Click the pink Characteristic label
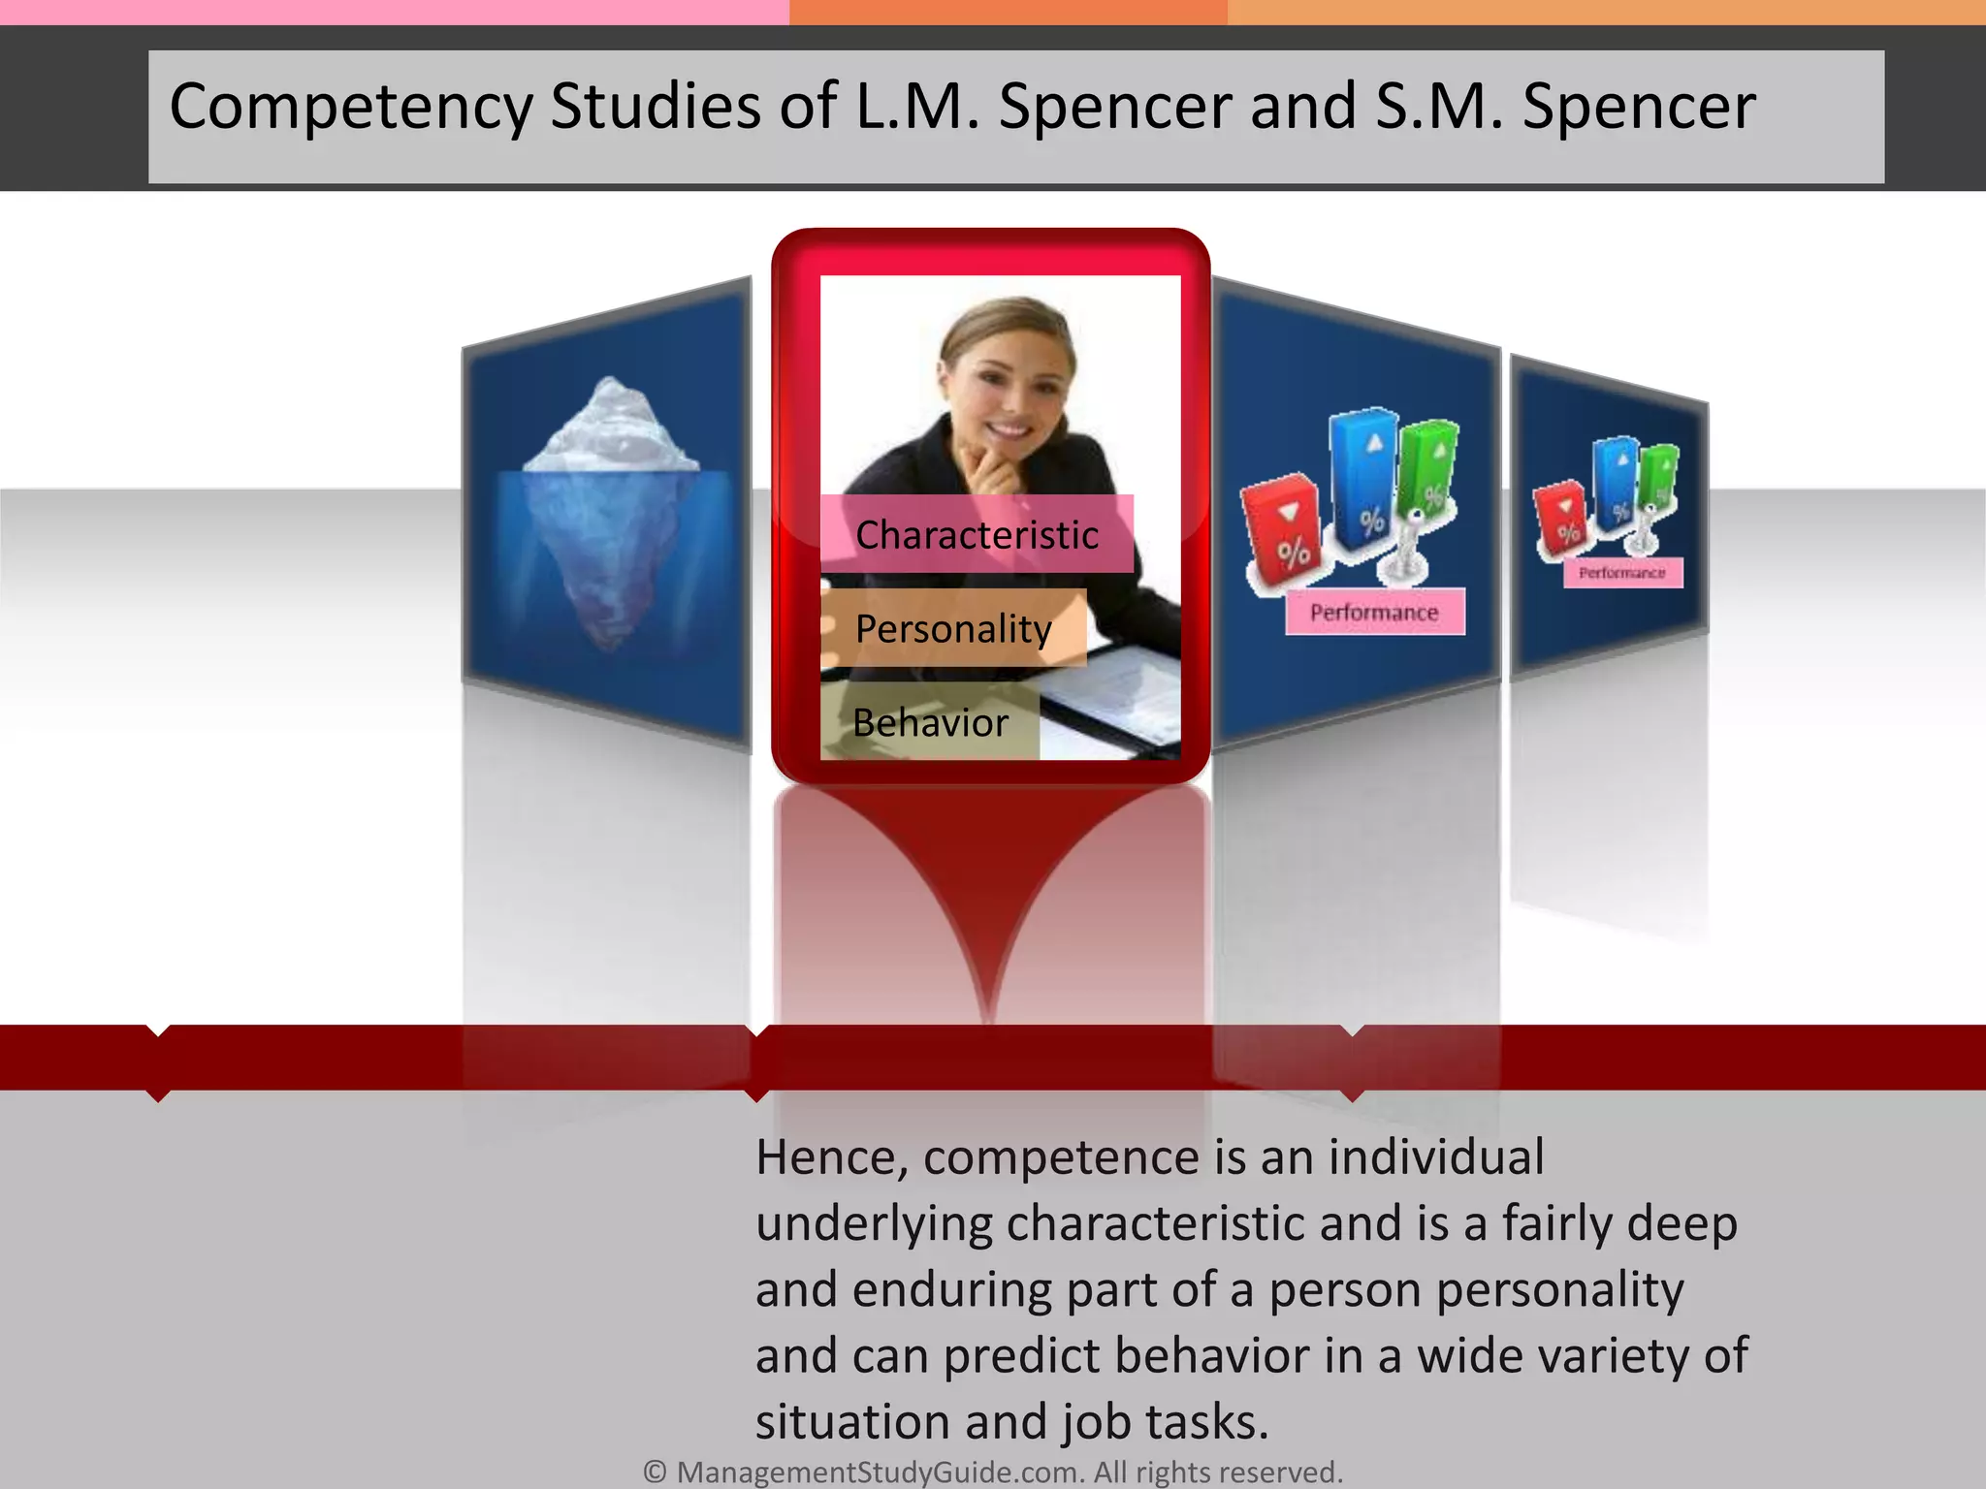(x=977, y=534)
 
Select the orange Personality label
(x=953, y=628)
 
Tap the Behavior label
(x=930, y=722)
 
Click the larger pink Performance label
(x=1374, y=613)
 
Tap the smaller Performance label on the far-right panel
(x=1622, y=573)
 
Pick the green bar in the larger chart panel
(x=1428, y=465)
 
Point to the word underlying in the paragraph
(x=874, y=1224)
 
